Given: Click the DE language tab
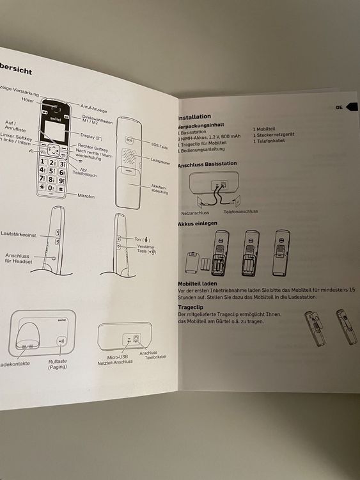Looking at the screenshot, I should pos(340,108).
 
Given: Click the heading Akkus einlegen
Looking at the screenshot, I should pos(198,223).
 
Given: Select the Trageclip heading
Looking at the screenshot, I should pos(191,307).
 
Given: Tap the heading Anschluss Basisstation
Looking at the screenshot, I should pos(207,164).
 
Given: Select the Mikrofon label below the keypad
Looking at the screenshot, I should pos(86,196).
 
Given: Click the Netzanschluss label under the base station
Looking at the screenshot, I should pos(195,212).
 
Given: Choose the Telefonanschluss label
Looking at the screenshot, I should pos(240,211).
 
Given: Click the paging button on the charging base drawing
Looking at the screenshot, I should pos(61,341).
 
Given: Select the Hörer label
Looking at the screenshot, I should pos(27,100).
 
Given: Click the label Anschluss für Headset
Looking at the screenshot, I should pos(19,258).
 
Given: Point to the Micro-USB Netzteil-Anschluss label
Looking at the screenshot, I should pos(115,359).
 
